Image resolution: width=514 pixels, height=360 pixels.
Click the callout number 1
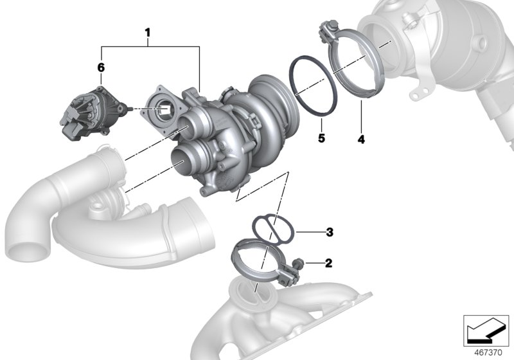pos(148,31)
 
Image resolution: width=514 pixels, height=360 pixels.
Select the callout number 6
pos(101,67)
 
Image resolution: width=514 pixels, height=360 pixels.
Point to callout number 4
pos(361,138)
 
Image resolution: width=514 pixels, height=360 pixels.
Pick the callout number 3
pos(329,231)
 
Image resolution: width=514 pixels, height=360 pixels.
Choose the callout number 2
pos(329,263)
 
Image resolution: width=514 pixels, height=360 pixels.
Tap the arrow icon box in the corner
pos(486,330)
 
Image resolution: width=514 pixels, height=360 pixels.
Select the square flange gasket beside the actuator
pos(164,109)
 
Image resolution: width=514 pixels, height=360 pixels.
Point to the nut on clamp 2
pos(299,263)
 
